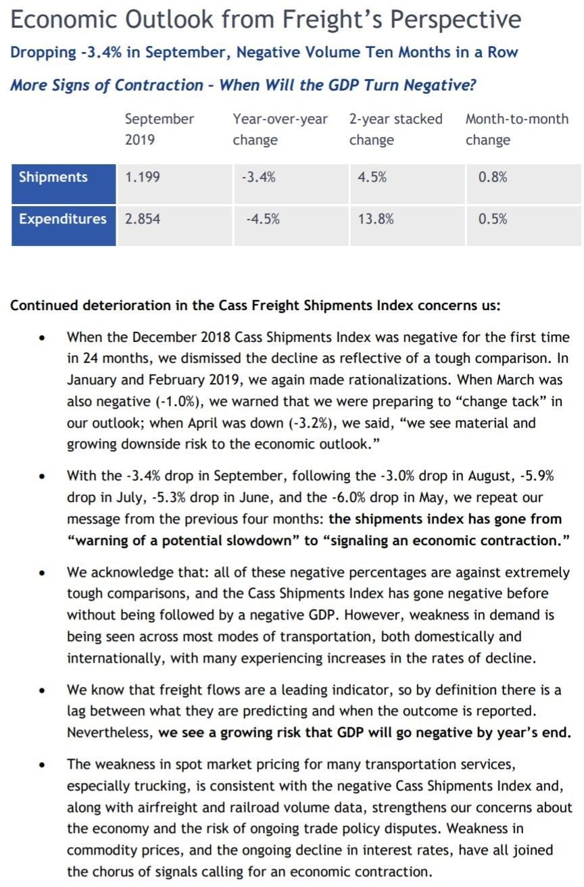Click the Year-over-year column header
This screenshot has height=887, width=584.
(x=280, y=130)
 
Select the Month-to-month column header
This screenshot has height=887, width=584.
(x=517, y=130)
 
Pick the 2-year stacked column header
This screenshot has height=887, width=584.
(x=395, y=130)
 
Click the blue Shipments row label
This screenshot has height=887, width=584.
(x=53, y=178)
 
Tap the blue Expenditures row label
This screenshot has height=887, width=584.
(x=63, y=219)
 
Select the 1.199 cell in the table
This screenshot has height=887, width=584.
(x=143, y=178)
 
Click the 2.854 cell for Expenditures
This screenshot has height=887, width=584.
(x=143, y=219)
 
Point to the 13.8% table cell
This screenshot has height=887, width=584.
(x=376, y=219)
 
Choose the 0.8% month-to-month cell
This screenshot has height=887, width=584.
(x=493, y=178)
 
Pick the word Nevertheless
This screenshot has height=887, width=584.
(x=109, y=733)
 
